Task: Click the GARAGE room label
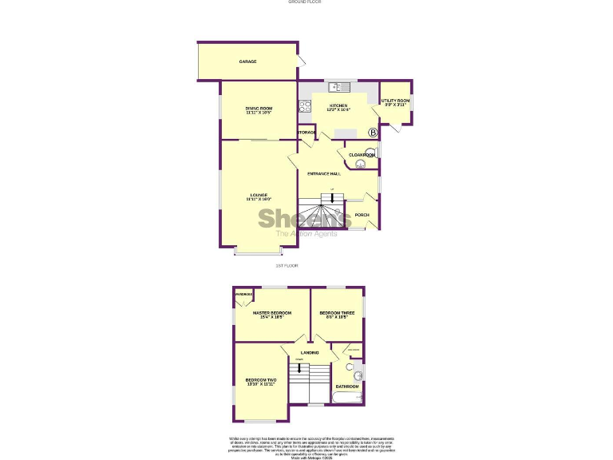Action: pyautogui.click(x=247, y=61)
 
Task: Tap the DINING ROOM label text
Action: pyautogui.click(x=259, y=109)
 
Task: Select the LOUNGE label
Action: pyautogui.click(x=259, y=196)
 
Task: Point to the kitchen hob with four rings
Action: pyautogui.click(x=304, y=107)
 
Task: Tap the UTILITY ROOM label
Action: pyautogui.click(x=396, y=101)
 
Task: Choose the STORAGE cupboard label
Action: pyautogui.click(x=307, y=132)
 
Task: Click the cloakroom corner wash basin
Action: pyautogui.click(x=361, y=164)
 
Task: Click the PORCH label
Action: pyautogui.click(x=362, y=215)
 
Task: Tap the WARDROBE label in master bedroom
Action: pyautogui.click(x=243, y=294)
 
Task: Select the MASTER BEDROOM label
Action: pyautogui.click(x=271, y=313)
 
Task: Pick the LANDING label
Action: pyautogui.click(x=309, y=353)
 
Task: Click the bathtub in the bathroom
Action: pyautogui.click(x=348, y=397)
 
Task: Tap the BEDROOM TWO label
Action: pyautogui.click(x=260, y=380)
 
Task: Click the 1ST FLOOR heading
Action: pyautogui.click(x=286, y=265)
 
